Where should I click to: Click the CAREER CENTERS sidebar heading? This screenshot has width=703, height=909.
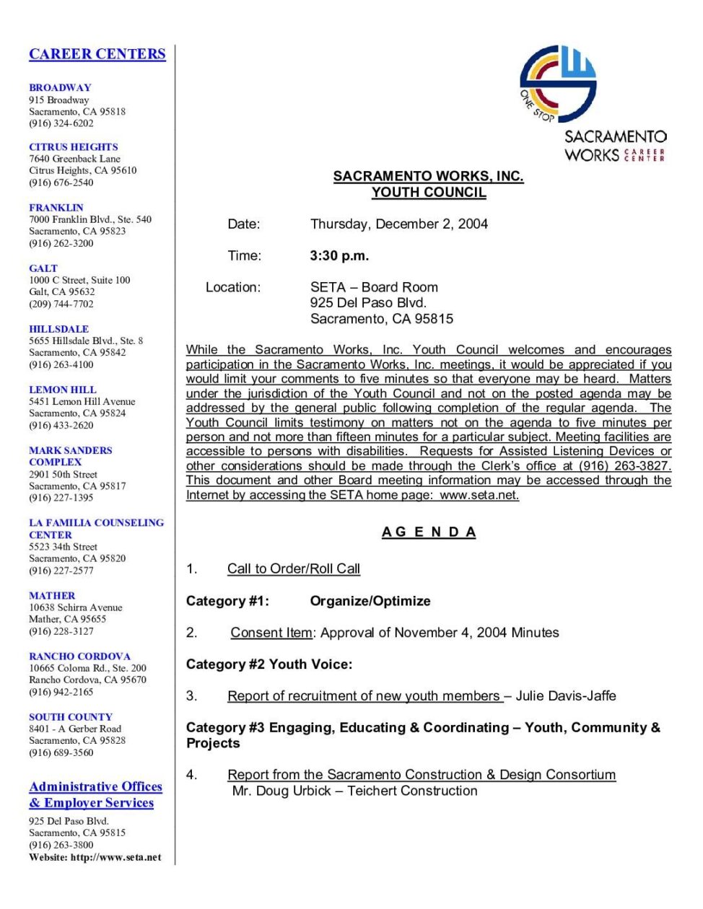(x=97, y=54)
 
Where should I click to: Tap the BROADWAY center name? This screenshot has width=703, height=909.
(x=60, y=87)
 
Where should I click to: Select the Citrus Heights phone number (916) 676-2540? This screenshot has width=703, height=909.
(x=61, y=183)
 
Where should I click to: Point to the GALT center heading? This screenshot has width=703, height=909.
(x=43, y=268)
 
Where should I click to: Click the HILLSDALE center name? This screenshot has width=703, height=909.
(x=58, y=328)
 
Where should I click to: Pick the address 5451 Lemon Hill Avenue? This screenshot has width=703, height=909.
(x=82, y=401)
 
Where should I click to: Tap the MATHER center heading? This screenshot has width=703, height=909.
(x=52, y=595)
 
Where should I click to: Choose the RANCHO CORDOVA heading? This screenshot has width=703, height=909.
(x=79, y=656)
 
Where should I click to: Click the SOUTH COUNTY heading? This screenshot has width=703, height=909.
(x=71, y=716)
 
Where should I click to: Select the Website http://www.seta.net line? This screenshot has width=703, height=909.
(x=95, y=857)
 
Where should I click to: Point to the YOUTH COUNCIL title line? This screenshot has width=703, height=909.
(x=429, y=193)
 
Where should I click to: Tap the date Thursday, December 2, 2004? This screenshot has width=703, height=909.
(x=399, y=224)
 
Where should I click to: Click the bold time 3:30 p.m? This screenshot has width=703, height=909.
(x=339, y=255)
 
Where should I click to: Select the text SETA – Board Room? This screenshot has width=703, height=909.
(x=374, y=287)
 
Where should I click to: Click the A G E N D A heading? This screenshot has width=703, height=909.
(x=429, y=532)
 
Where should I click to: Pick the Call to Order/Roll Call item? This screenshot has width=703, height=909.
(x=293, y=568)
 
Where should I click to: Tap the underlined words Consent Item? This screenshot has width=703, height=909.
(x=271, y=633)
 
